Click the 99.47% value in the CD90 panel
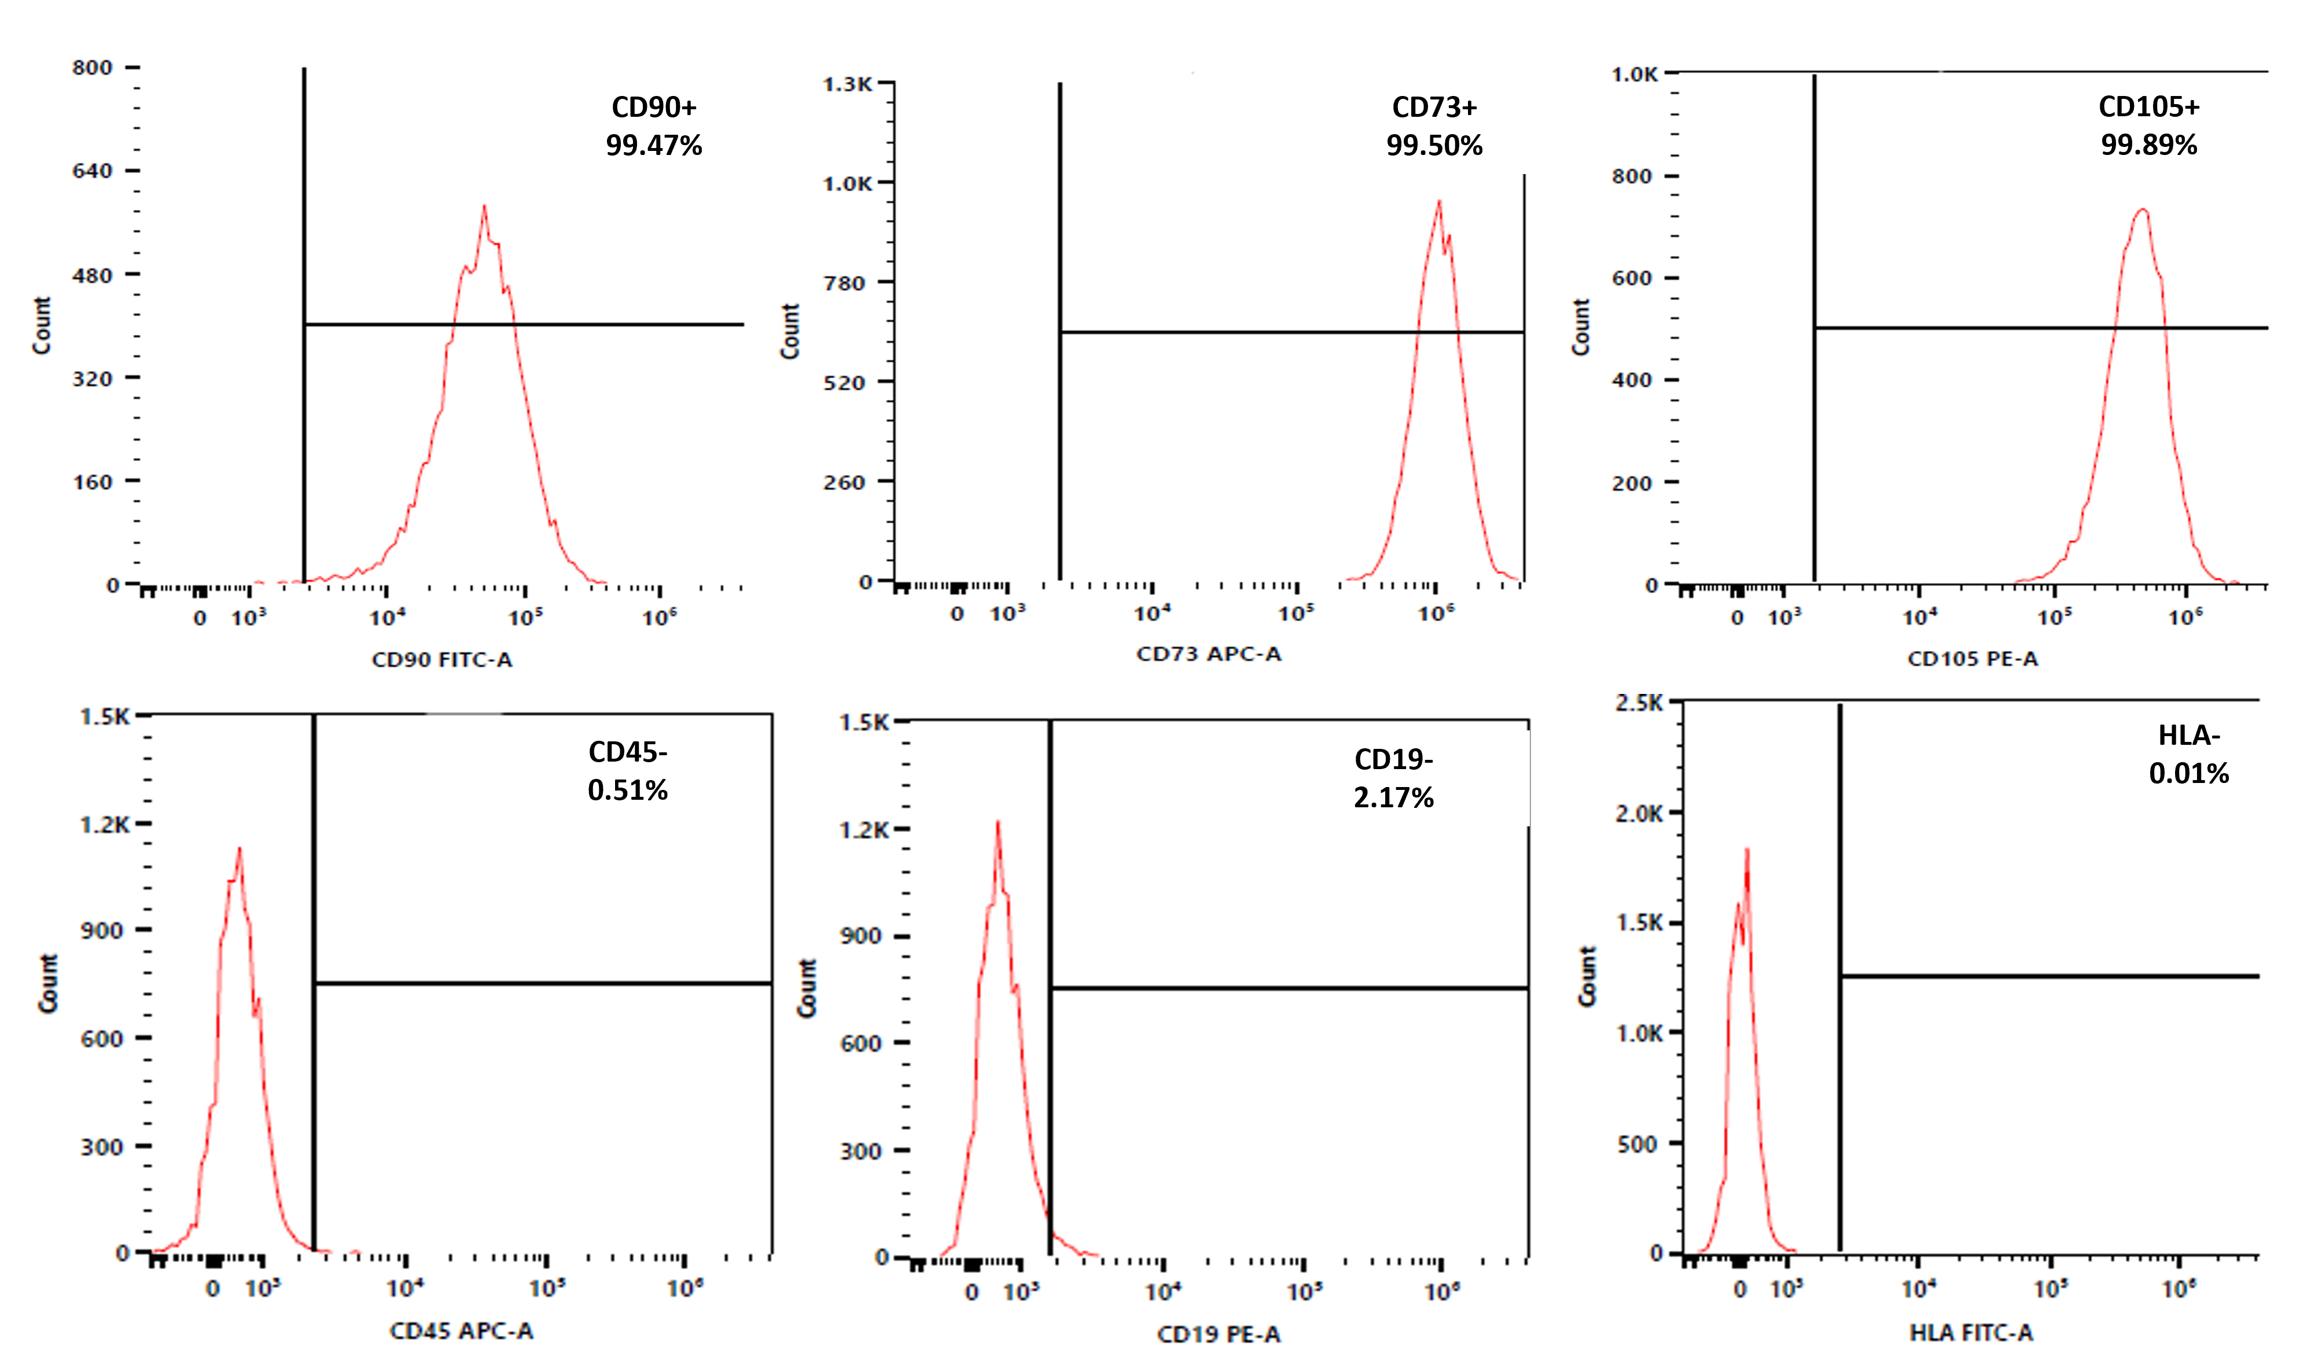click(x=653, y=145)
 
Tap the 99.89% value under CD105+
click(x=2148, y=145)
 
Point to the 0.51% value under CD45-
click(x=628, y=790)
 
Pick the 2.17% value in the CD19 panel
click(x=1393, y=797)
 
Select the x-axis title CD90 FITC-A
click(x=442, y=659)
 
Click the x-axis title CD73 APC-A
click(x=1208, y=654)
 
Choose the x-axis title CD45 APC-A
click(x=461, y=1331)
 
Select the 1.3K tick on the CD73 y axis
click(x=847, y=84)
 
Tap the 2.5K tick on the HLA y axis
click(x=1639, y=704)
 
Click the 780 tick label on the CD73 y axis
click(x=844, y=283)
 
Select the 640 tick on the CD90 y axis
click(x=93, y=171)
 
